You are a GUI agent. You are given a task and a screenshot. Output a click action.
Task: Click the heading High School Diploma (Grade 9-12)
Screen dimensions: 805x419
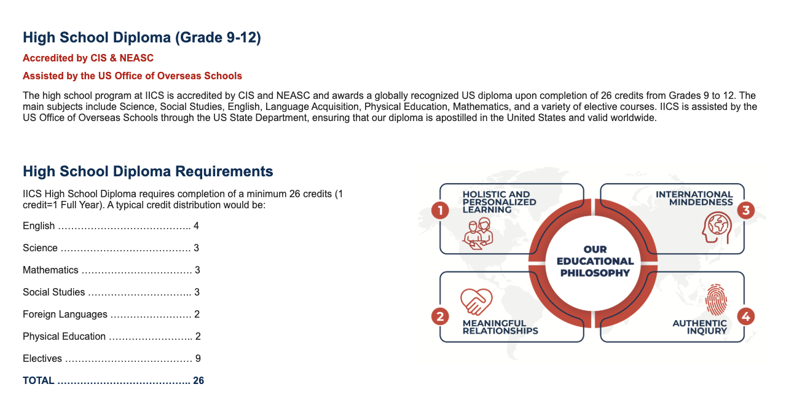tap(141, 37)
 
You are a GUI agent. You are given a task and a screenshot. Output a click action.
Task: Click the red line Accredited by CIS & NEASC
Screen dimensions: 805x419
tap(88, 58)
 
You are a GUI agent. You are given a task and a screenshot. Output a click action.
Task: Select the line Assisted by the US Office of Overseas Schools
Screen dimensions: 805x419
tap(132, 76)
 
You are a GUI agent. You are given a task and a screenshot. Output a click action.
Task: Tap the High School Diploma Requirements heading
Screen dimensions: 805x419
tap(147, 171)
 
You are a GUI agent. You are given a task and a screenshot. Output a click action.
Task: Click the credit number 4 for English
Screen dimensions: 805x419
tap(196, 225)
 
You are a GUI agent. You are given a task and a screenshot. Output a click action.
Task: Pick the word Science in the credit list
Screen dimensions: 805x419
tap(40, 248)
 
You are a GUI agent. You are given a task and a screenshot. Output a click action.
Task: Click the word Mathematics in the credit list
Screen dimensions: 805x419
tap(50, 270)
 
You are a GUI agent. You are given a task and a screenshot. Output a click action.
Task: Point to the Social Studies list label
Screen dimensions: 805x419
tap(53, 292)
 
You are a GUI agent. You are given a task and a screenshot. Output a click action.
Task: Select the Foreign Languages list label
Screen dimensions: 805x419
tap(65, 315)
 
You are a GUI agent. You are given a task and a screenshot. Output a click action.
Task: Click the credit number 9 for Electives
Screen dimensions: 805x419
tap(198, 359)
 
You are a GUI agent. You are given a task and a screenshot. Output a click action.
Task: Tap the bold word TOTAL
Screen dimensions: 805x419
tap(39, 380)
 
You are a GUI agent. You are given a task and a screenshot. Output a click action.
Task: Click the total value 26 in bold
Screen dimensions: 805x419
tap(198, 380)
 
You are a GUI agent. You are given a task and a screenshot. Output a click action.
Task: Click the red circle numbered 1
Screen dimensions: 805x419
tap(440, 210)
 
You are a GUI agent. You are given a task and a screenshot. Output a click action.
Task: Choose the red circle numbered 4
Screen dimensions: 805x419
tap(746, 316)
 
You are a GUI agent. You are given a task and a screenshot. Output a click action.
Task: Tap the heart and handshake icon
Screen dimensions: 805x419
tap(476, 302)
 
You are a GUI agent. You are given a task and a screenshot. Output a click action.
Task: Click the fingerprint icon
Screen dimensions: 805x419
tap(717, 300)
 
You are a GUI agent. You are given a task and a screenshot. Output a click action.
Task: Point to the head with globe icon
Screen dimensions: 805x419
tap(717, 228)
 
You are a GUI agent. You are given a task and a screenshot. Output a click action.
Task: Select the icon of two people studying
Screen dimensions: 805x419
tap(478, 233)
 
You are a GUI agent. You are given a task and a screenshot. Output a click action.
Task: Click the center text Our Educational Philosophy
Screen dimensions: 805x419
tap(595, 261)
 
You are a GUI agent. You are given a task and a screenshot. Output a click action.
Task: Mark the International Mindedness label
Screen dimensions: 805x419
tap(694, 198)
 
